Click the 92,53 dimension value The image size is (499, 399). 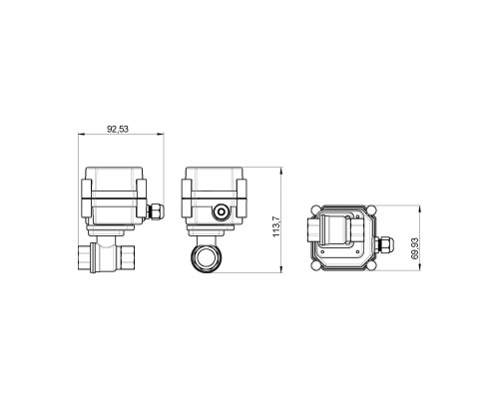(x=118, y=129)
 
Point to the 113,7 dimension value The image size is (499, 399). (x=276, y=226)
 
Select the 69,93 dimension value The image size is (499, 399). (x=415, y=248)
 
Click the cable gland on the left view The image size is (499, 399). (x=156, y=211)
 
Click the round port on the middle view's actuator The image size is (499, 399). (x=221, y=211)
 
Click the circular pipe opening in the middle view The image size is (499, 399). (x=205, y=258)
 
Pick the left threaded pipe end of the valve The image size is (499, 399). (x=84, y=257)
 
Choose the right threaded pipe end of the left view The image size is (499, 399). (x=128, y=257)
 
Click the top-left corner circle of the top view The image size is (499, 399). (x=315, y=209)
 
